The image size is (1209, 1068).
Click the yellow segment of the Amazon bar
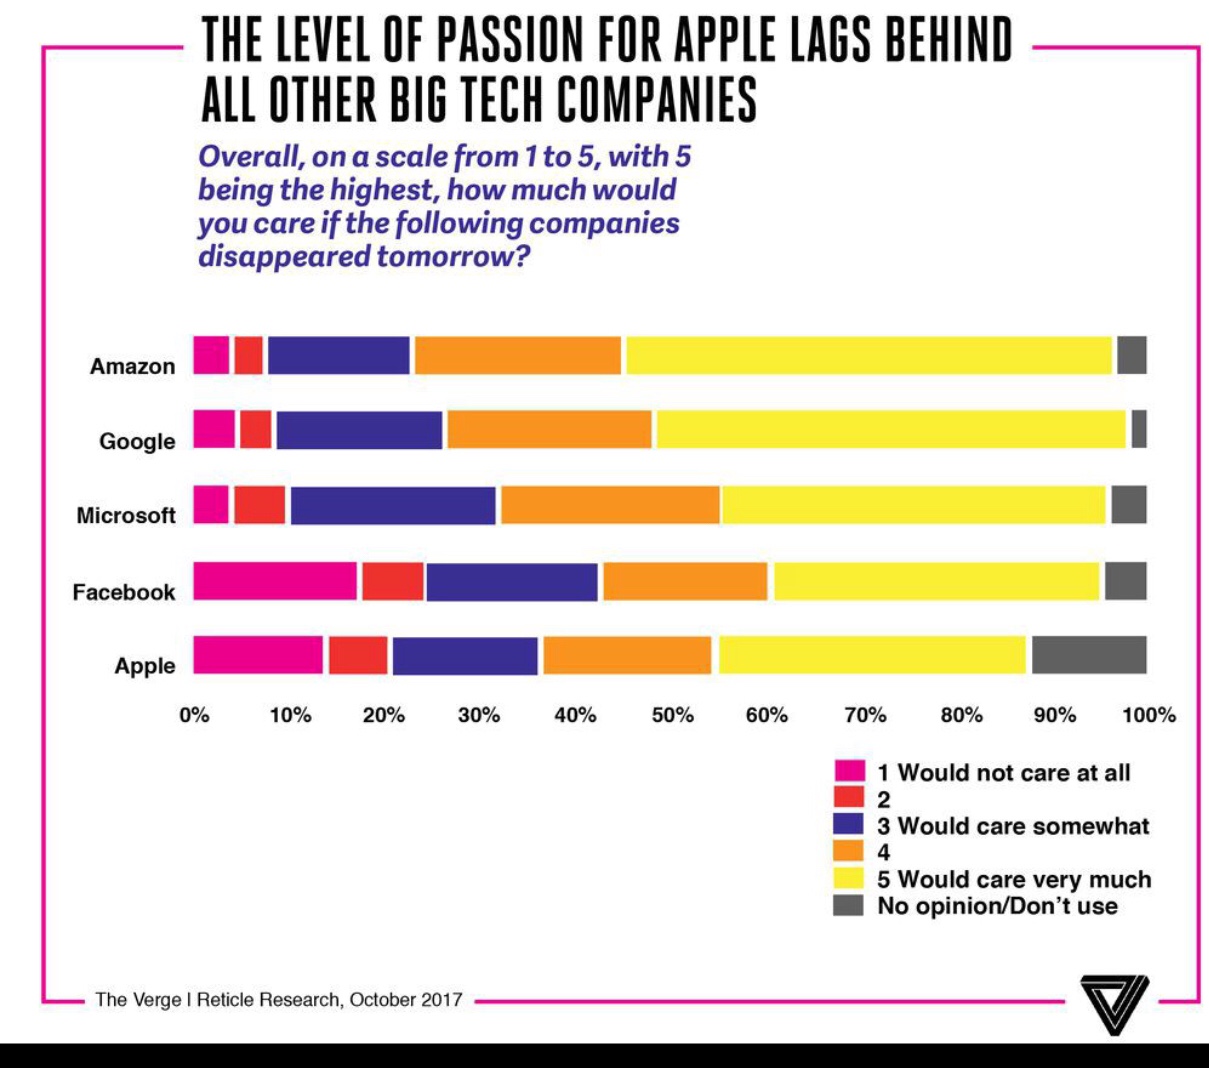868,355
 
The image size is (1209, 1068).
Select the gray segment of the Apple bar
1089,655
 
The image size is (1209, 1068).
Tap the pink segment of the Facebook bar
275,581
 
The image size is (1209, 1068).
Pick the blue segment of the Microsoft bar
393,505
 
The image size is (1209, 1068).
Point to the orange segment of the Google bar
549,429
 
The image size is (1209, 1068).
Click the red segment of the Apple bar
358,655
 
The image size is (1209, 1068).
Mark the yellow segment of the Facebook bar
936,581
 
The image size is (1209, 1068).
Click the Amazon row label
132,366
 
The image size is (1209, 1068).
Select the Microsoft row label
126,515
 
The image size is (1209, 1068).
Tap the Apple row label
145,666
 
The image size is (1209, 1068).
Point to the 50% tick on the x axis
672,715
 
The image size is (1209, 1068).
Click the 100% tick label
1149,715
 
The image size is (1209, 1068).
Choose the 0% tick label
194,715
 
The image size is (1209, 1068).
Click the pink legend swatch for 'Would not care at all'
849,772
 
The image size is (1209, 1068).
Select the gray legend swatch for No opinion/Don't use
849,906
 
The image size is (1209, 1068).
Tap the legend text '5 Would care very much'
1014,880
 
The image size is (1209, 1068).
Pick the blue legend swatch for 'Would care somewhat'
849,825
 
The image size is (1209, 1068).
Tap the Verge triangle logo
1115,1003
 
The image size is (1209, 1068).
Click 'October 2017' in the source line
406,999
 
